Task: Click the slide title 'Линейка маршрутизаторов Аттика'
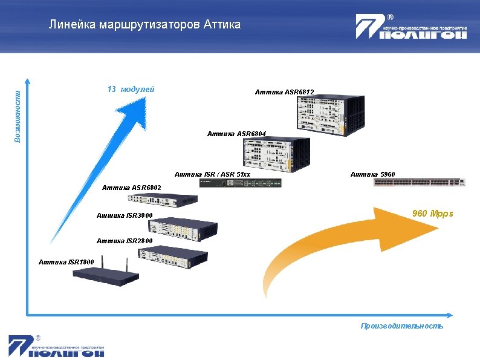(x=145, y=25)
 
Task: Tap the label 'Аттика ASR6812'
(x=284, y=93)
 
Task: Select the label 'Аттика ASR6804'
(x=236, y=133)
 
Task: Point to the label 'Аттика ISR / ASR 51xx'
(x=212, y=175)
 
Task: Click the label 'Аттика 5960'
(x=372, y=174)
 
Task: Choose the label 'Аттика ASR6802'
(x=132, y=188)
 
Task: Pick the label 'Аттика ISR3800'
(x=125, y=216)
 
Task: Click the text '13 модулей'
(x=131, y=90)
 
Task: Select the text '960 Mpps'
(x=432, y=214)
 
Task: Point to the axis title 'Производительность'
(x=401, y=326)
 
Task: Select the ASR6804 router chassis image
(x=275, y=154)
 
